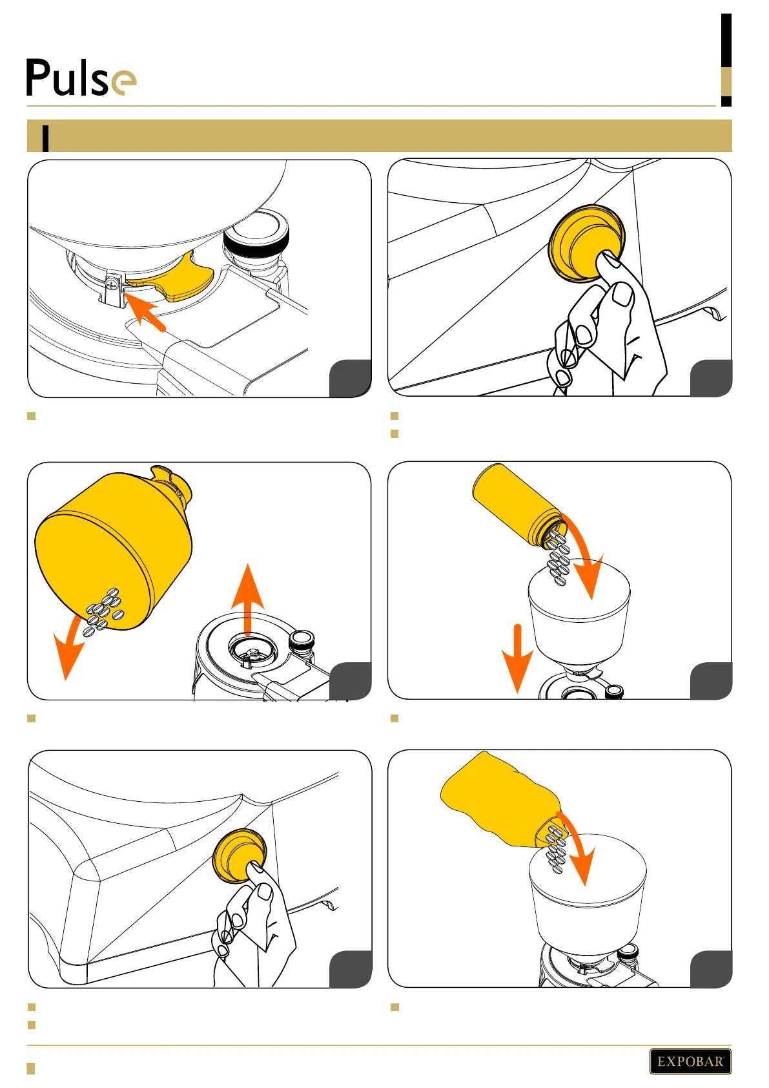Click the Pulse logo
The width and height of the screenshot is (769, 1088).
pyautogui.click(x=81, y=78)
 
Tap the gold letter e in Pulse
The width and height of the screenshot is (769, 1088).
pyautogui.click(x=124, y=83)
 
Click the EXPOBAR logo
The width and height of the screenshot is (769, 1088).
pyautogui.click(x=690, y=1061)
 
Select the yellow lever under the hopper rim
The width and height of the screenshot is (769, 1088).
pyautogui.click(x=176, y=279)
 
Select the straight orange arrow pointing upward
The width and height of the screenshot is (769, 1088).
pyautogui.click(x=247, y=600)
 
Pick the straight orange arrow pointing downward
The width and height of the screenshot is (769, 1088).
pyautogui.click(x=517, y=658)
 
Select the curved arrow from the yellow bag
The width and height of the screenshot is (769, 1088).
pyautogui.click(x=580, y=848)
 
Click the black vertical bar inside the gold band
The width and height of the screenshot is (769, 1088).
pyautogui.click(x=46, y=138)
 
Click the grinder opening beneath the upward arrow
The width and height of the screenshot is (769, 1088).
pyautogui.click(x=252, y=650)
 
